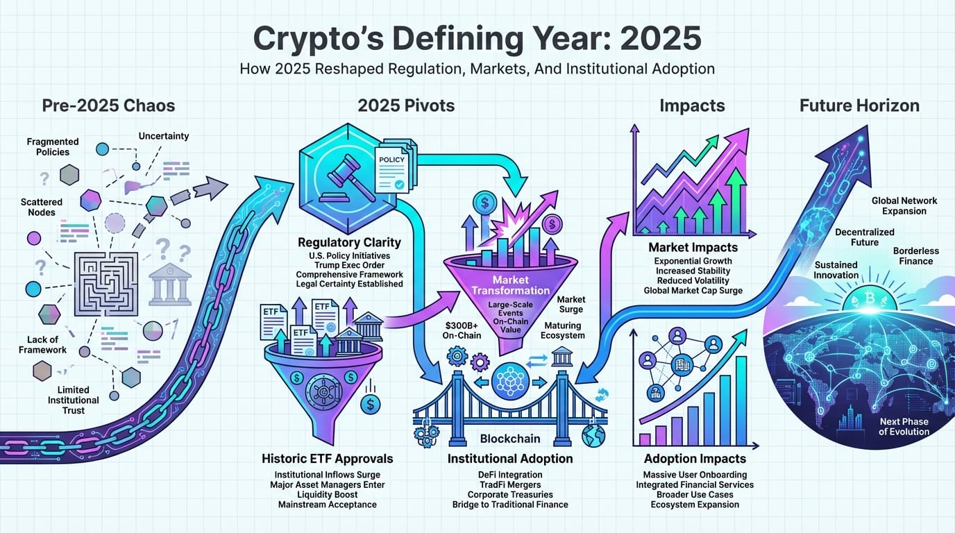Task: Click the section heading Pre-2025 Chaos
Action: click(108, 105)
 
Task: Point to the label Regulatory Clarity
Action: click(349, 243)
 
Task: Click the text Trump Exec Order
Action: click(349, 264)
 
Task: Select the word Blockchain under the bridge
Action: click(510, 439)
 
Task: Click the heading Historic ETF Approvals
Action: click(327, 459)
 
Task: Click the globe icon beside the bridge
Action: click(594, 436)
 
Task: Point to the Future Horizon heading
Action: click(859, 105)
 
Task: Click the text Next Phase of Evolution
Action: click(904, 426)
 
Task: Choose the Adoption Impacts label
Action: click(695, 459)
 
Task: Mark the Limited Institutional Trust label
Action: click(74, 400)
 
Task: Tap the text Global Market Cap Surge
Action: click(693, 290)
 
